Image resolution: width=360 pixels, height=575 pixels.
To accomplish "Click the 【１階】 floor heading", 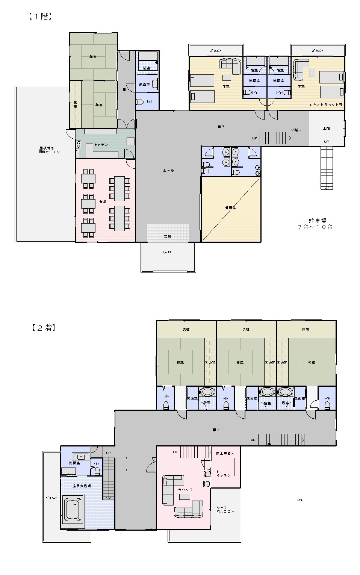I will click(x=39, y=17).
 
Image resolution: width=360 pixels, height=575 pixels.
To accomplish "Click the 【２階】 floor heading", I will click(x=44, y=328).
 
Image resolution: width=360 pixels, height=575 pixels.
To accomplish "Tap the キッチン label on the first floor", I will click(x=101, y=145).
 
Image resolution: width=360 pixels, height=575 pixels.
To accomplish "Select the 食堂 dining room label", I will click(x=102, y=202).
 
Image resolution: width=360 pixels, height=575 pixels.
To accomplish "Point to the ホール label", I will click(x=168, y=171).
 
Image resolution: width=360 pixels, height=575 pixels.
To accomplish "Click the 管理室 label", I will click(x=230, y=208).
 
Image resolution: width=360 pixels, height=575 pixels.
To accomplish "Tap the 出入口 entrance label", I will click(x=166, y=252).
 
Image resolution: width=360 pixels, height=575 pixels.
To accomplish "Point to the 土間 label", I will click(x=326, y=129).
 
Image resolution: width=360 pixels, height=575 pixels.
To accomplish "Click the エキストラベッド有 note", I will click(x=325, y=105).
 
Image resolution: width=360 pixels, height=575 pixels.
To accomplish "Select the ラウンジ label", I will click(x=185, y=490).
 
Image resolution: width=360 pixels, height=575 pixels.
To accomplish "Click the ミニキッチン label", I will click(x=224, y=474).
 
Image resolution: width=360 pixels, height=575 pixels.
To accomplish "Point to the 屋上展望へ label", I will click(x=225, y=454).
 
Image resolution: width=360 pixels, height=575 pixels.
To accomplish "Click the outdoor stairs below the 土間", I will click(x=327, y=168).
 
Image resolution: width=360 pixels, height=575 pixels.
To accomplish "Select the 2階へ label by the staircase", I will click(x=296, y=130).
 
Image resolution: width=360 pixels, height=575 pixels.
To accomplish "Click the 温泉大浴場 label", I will click(x=81, y=486).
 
